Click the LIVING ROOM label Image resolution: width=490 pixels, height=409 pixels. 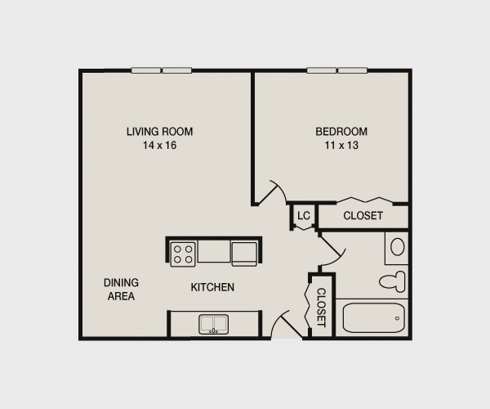pyautogui.click(x=159, y=131)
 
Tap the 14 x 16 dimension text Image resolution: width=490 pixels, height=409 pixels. pyautogui.click(x=159, y=146)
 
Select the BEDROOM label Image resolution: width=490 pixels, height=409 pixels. pyautogui.click(x=341, y=131)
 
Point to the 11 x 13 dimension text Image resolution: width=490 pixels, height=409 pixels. pyautogui.click(x=341, y=146)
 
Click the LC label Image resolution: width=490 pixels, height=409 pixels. pyautogui.click(x=304, y=216)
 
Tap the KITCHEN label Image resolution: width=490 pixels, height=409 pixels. pyautogui.click(x=212, y=287)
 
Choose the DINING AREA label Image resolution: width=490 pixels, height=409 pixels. pyautogui.click(x=119, y=289)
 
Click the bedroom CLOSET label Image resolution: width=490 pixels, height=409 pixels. pyautogui.click(x=363, y=216)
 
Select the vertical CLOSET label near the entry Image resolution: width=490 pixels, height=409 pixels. pyautogui.click(x=321, y=307)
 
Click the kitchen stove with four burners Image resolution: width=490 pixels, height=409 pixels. pyautogui.click(x=183, y=253)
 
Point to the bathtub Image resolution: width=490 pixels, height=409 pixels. pyautogui.click(x=372, y=318)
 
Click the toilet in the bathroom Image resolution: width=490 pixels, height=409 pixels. pyautogui.click(x=393, y=281)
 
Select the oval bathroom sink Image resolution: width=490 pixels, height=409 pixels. pyautogui.click(x=398, y=246)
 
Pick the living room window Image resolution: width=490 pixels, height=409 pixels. pyautogui.click(x=162, y=70)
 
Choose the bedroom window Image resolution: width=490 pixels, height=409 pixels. pyautogui.click(x=336, y=70)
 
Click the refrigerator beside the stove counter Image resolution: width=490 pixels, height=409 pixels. pyautogui.click(x=245, y=253)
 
